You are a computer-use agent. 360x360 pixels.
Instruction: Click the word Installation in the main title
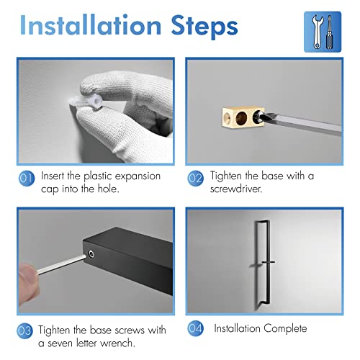click(x=91, y=25)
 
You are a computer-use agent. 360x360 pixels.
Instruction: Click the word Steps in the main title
click(x=204, y=27)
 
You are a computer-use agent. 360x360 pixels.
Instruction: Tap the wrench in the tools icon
click(x=317, y=32)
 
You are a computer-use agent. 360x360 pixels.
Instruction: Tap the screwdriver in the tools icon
click(x=330, y=32)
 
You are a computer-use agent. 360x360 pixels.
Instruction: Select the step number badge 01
click(x=27, y=179)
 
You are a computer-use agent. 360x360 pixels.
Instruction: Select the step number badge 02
click(x=195, y=179)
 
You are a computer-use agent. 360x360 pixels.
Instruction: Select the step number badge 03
click(x=24, y=330)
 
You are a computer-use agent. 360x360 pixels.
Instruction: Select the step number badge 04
click(x=195, y=328)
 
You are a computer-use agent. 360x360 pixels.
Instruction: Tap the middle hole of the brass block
click(x=241, y=118)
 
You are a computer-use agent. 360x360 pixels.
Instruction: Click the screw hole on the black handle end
click(x=91, y=253)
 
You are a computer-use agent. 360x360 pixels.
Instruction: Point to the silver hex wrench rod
click(x=62, y=264)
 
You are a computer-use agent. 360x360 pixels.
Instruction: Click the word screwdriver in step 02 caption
click(x=236, y=189)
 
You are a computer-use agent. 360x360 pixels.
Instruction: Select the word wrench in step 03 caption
click(x=117, y=343)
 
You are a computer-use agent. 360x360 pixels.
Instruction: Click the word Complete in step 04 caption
click(x=285, y=328)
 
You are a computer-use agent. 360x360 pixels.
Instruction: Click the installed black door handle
click(x=262, y=261)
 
